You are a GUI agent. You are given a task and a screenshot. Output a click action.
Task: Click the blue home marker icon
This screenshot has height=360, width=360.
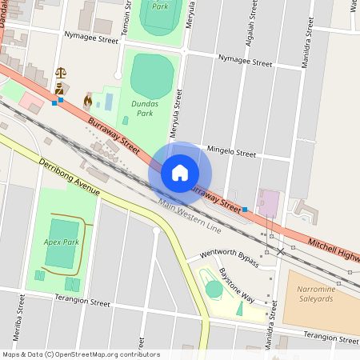(x=180, y=172)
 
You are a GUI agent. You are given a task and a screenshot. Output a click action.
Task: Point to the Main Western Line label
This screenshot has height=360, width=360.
(x=189, y=216)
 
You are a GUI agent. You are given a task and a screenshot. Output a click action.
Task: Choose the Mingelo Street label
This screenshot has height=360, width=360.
(x=231, y=152)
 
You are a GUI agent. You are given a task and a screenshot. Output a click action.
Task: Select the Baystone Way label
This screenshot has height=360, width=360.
(x=236, y=284)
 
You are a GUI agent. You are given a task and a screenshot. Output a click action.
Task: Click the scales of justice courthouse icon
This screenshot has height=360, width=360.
(x=61, y=72)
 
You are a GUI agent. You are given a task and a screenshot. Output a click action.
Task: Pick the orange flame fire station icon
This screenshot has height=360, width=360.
(x=87, y=102)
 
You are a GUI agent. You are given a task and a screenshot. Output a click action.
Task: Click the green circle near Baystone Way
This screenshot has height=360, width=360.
(x=214, y=289)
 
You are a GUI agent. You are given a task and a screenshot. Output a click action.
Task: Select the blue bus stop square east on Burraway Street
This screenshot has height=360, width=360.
(x=245, y=210)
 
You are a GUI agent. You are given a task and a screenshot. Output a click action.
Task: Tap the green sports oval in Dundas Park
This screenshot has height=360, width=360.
(x=151, y=76)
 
